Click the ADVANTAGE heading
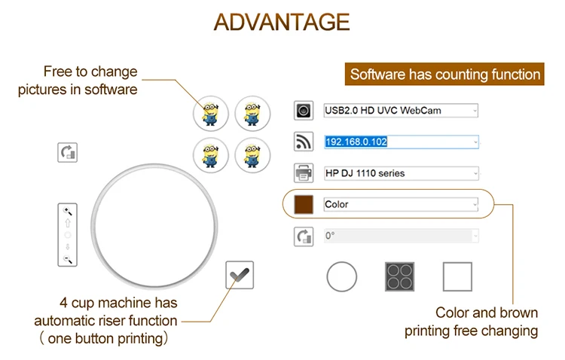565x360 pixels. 282,22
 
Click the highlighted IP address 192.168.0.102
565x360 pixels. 356,142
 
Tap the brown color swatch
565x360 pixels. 304,204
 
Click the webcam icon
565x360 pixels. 303,111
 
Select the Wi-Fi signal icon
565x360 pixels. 303,142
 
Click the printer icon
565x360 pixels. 303,173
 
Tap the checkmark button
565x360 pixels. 240,276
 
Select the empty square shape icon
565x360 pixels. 457,277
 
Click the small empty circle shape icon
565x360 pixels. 341,277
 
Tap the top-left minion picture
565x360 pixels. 211,114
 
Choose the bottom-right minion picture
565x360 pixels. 252,156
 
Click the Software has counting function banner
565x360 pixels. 445,75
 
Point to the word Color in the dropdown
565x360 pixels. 337,204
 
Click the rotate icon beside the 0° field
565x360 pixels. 303,236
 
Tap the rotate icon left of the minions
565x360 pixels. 68,152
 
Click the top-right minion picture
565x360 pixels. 252,114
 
